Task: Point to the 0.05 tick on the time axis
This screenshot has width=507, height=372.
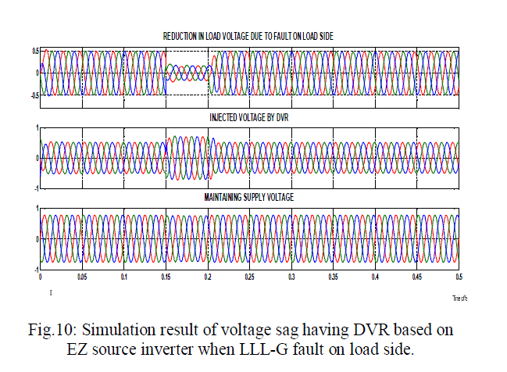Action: (82, 277)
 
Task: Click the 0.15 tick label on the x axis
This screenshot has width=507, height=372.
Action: (166, 277)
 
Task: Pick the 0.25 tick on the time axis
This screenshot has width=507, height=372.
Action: (249, 277)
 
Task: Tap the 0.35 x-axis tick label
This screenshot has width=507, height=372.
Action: (334, 277)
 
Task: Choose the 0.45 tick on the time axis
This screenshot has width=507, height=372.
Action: (417, 277)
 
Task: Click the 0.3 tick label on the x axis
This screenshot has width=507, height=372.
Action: (291, 277)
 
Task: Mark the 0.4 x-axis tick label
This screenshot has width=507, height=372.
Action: (376, 277)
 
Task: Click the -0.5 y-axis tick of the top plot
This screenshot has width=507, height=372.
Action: (34, 95)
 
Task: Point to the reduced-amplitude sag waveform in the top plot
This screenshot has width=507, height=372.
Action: (187, 73)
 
